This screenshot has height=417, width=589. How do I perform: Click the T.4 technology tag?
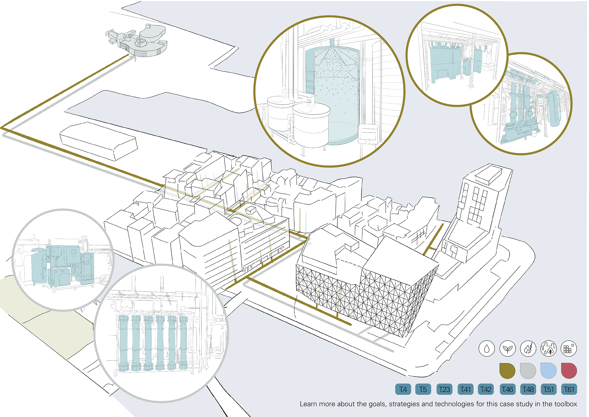[403, 389]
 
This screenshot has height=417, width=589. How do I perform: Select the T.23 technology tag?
[444, 389]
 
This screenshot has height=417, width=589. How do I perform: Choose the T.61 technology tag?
[569, 389]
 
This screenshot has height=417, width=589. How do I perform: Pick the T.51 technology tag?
[549, 389]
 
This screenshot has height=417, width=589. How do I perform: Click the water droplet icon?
[487, 349]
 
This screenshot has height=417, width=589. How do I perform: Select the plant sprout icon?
[508, 349]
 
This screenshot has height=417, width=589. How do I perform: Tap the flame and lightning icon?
[528, 349]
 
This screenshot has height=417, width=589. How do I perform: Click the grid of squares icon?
[569, 349]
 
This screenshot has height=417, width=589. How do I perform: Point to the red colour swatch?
[569, 371]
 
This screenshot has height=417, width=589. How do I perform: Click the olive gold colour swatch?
[508, 371]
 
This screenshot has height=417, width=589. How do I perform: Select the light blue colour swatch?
[549, 371]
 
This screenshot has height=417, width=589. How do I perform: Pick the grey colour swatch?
[528, 371]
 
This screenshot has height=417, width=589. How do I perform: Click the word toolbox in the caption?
[566, 404]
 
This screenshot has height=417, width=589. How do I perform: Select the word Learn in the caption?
[308, 404]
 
